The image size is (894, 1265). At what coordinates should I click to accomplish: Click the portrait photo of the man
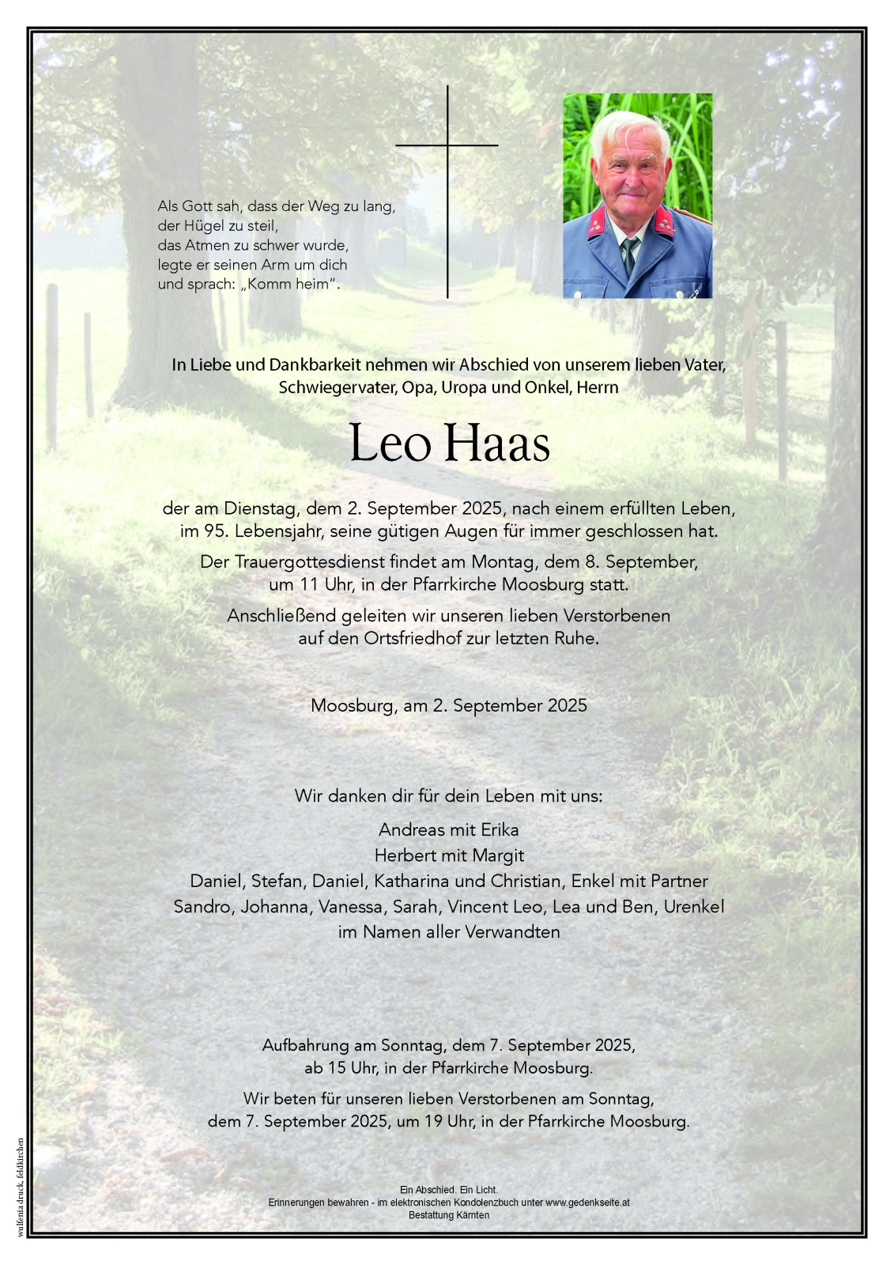637,195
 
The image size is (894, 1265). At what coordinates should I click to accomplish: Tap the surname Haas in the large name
498,445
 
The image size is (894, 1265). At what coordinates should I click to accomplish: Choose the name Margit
498,855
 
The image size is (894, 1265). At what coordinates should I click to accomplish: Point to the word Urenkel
694,906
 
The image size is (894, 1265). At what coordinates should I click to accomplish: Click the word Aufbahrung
304,1044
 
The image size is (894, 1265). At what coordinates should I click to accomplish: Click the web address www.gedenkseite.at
587,1203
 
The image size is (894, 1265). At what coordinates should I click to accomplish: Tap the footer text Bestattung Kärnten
448,1215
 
